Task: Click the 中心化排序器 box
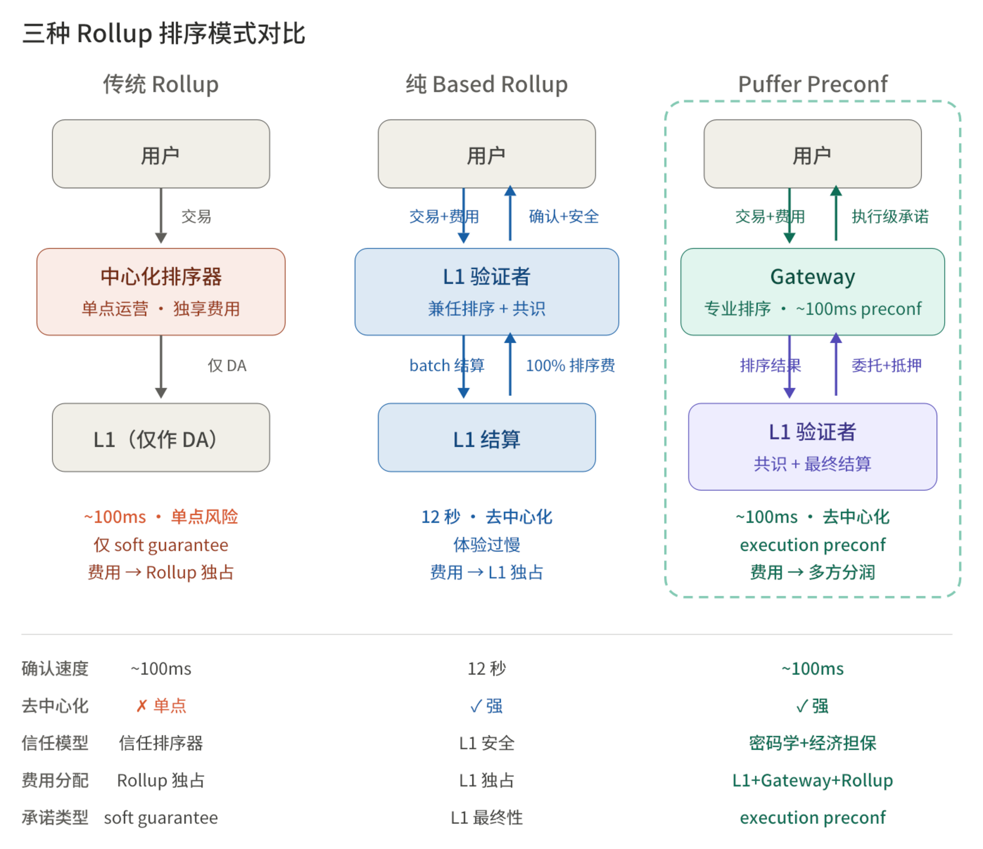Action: pyautogui.click(x=161, y=292)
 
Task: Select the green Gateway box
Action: pyautogui.click(x=812, y=292)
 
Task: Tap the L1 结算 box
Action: pyautogui.click(x=487, y=437)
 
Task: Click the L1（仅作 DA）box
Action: pyautogui.click(x=161, y=437)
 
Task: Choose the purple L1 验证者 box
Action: pyautogui.click(x=812, y=446)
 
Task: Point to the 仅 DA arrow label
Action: pyautogui.click(x=227, y=365)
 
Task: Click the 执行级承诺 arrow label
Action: pyautogui.click(x=890, y=216)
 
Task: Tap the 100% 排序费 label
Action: pyautogui.click(x=570, y=365)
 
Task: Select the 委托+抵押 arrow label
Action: pyautogui.click(x=886, y=365)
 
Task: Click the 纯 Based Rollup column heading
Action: pyautogui.click(x=487, y=84)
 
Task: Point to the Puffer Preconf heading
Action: pyautogui.click(x=812, y=84)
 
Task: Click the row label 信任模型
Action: pyautogui.click(x=55, y=743)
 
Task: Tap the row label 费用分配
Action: pyautogui.click(x=55, y=780)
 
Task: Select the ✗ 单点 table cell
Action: pyautogui.click(x=161, y=706)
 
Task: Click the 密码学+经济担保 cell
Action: pyautogui.click(x=812, y=743)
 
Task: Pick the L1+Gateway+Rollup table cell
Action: pyautogui.click(x=812, y=780)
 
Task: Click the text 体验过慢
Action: pyautogui.click(x=487, y=545)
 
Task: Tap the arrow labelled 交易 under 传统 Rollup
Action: pyautogui.click(x=161, y=216)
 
